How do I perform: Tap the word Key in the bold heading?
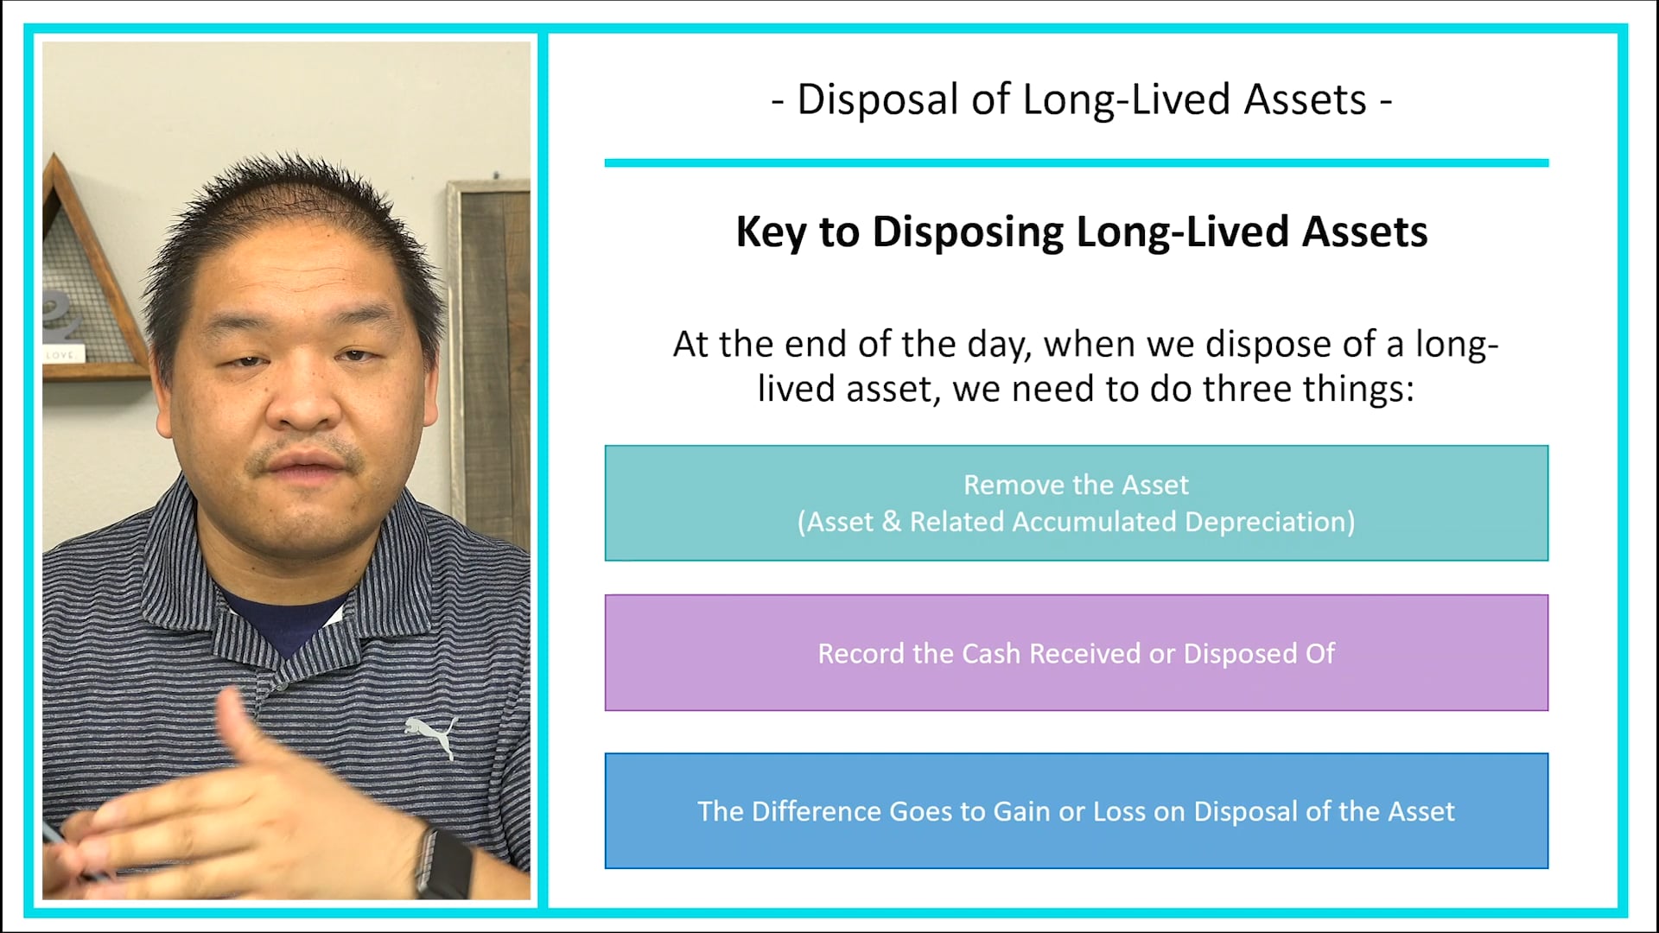click(770, 232)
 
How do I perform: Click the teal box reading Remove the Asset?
click(1076, 503)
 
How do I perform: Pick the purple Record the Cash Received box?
click(1076, 653)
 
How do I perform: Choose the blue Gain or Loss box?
click(1076, 810)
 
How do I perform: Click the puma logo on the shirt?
click(431, 733)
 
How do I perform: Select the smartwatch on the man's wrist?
click(444, 860)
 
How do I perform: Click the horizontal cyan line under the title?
click(1076, 162)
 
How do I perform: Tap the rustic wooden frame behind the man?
click(489, 346)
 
